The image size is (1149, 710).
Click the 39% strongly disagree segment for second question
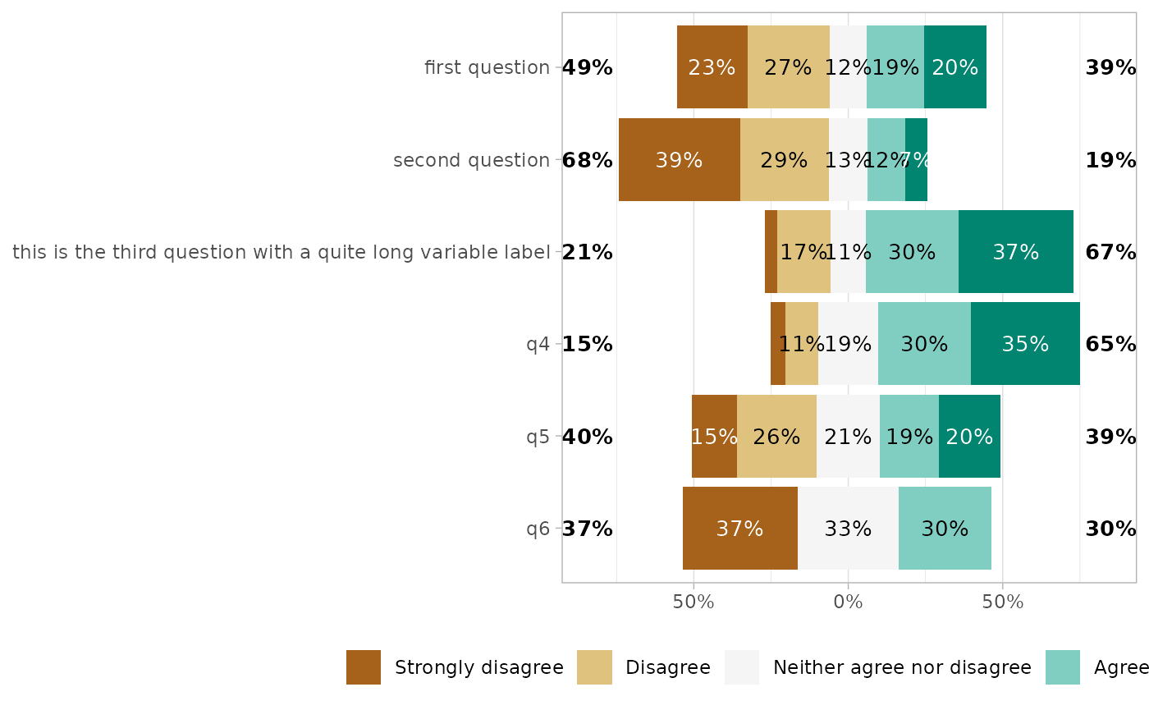click(x=679, y=160)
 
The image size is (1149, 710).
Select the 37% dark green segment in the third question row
click(x=1015, y=252)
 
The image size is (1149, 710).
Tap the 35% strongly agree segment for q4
click(x=1024, y=344)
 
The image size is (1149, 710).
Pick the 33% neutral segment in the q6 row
click(x=848, y=529)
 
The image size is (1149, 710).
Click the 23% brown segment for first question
click(x=712, y=67)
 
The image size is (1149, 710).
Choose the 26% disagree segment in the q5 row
click(x=776, y=437)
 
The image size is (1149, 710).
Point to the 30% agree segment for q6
click(x=945, y=529)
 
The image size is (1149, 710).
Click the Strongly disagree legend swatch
click(x=364, y=667)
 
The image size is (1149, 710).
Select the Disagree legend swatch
click(x=594, y=667)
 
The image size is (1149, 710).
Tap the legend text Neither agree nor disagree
click(x=902, y=667)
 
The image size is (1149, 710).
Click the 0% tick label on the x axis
click(x=848, y=602)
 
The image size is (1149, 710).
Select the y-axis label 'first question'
click(x=487, y=67)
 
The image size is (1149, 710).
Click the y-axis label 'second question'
click(x=471, y=160)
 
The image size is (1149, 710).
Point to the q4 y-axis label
click(x=538, y=344)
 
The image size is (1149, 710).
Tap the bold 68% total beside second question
click(x=588, y=160)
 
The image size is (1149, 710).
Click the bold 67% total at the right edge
click(x=1110, y=252)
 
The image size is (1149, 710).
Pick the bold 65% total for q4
click(x=1110, y=344)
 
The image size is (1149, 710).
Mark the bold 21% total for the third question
click(x=588, y=252)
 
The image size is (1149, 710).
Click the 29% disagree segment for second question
click(x=784, y=160)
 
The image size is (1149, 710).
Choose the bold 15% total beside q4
click(x=588, y=344)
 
